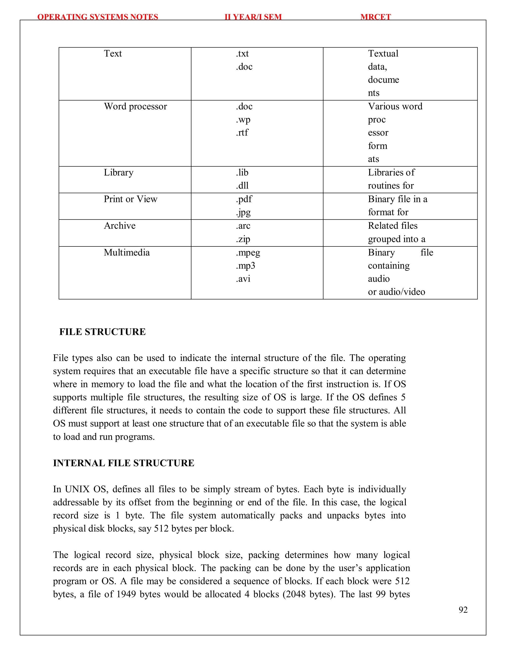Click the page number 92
pos(463,610)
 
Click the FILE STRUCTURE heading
pos(102,332)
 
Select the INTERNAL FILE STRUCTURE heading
pos(124,463)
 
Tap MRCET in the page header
pos(375,17)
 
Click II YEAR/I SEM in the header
pos(253,17)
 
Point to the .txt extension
pos(242,53)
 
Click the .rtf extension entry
pos(242,132)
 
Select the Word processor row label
pos(135,107)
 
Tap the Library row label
pos(118,173)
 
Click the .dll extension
pos(242,186)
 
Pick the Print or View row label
pos(130,199)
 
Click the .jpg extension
pos(243,212)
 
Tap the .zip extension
pos(243,239)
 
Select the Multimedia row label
pos(126,253)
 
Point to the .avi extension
pos(243,279)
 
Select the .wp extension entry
pos(243,120)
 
